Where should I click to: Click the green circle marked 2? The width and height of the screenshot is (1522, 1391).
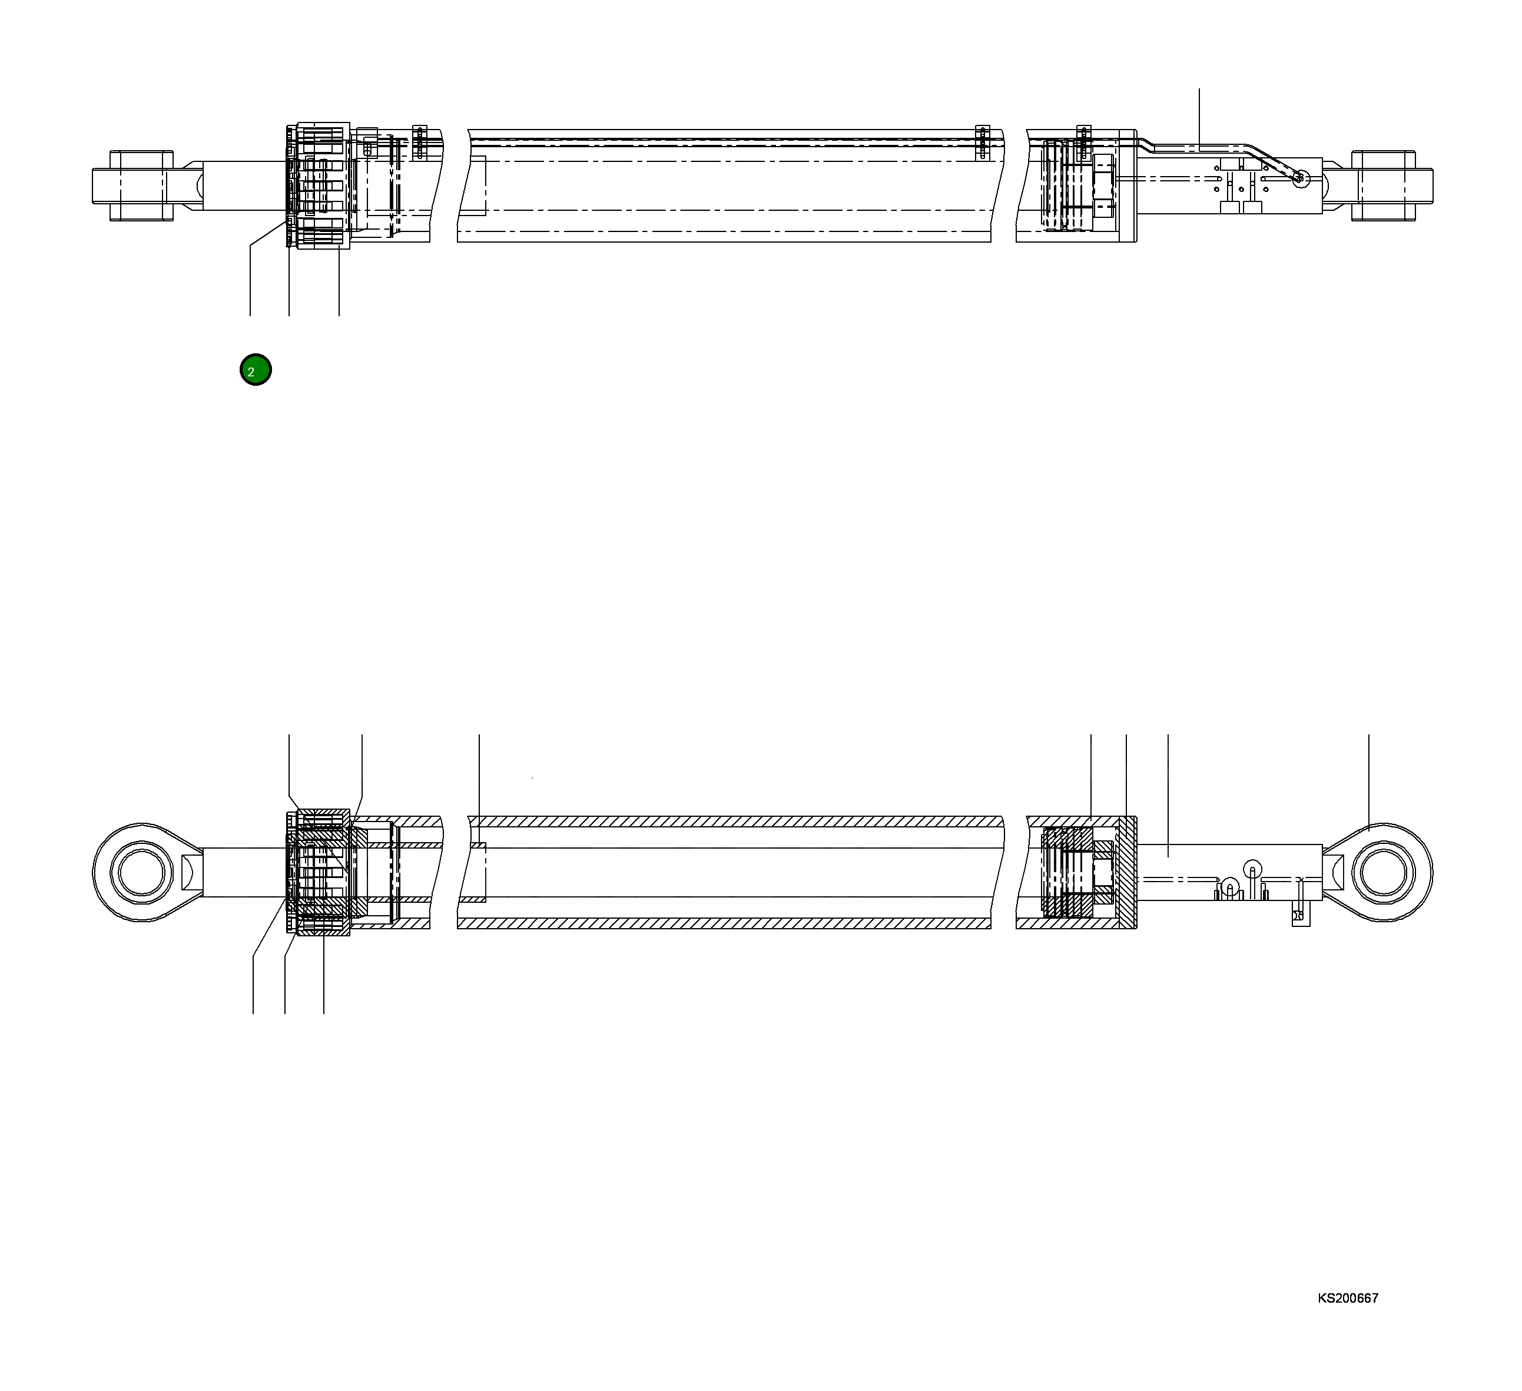point(255,370)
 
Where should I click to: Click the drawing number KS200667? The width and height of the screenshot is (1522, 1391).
point(1348,1298)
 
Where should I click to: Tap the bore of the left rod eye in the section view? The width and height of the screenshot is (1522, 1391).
point(141,872)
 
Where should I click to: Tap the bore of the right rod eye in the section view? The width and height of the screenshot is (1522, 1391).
point(1385,872)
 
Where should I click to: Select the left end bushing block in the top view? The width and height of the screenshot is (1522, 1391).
point(142,186)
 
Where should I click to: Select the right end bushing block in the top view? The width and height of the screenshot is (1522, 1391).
point(1383,186)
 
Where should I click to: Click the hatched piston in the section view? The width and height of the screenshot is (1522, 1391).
point(1067,873)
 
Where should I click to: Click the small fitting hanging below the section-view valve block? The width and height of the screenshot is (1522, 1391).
point(1300,916)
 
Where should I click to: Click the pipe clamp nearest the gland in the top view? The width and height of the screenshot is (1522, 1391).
point(420,141)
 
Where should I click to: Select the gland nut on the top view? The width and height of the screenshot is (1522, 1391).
point(323,186)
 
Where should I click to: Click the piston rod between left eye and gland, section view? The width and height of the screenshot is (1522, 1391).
point(241,872)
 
